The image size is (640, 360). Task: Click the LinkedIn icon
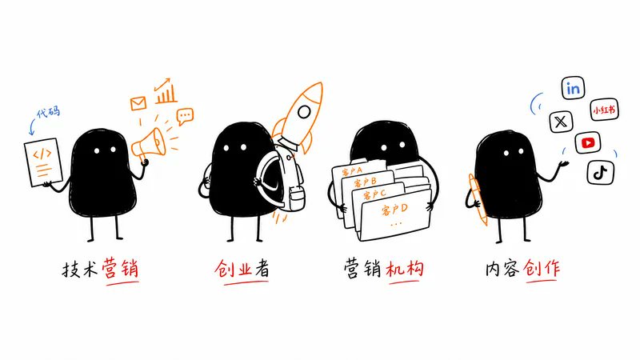pyautogui.click(x=573, y=88)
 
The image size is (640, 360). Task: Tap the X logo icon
pyautogui.click(x=561, y=122)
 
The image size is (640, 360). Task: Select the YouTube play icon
pyautogui.click(x=588, y=143)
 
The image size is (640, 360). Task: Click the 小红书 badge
pyautogui.click(x=605, y=110)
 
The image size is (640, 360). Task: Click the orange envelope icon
pyautogui.click(x=138, y=103)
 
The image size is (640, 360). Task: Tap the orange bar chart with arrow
pyautogui.click(x=166, y=91)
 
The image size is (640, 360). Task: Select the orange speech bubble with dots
pyautogui.click(x=185, y=116)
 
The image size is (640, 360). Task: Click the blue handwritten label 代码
pyautogui.click(x=48, y=112)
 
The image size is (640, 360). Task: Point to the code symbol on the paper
pyautogui.click(x=42, y=154)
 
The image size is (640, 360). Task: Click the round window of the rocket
pyautogui.click(x=304, y=111)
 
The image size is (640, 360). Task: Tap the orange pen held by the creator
pyautogui.click(x=478, y=199)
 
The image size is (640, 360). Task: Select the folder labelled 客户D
pyautogui.click(x=394, y=215)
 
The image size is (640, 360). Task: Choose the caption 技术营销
pyautogui.click(x=100, y=269)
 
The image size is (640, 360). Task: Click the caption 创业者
pyautogui.click(x=242, y=269)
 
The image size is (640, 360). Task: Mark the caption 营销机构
pyautogui.click(x=384, y=269)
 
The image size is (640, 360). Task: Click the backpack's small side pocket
pyautogui.click(x=295, y=198)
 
